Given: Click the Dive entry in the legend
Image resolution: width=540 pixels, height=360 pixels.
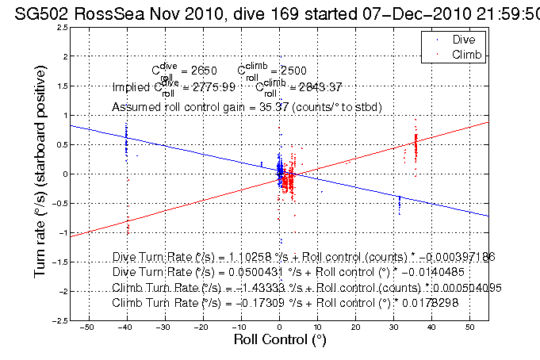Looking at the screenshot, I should (464, 39).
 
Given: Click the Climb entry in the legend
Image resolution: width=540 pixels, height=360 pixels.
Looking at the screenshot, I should (466, 53).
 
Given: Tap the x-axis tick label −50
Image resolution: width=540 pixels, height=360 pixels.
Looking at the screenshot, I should (88, 327).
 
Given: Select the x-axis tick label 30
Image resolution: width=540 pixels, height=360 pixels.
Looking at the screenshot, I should (394, 327).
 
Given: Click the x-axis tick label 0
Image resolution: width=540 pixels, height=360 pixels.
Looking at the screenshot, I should (280, 327).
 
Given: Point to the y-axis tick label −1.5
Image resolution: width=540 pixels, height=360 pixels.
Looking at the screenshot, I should (57, 262).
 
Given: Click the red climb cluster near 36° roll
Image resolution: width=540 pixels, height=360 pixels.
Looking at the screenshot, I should (416, 146).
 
